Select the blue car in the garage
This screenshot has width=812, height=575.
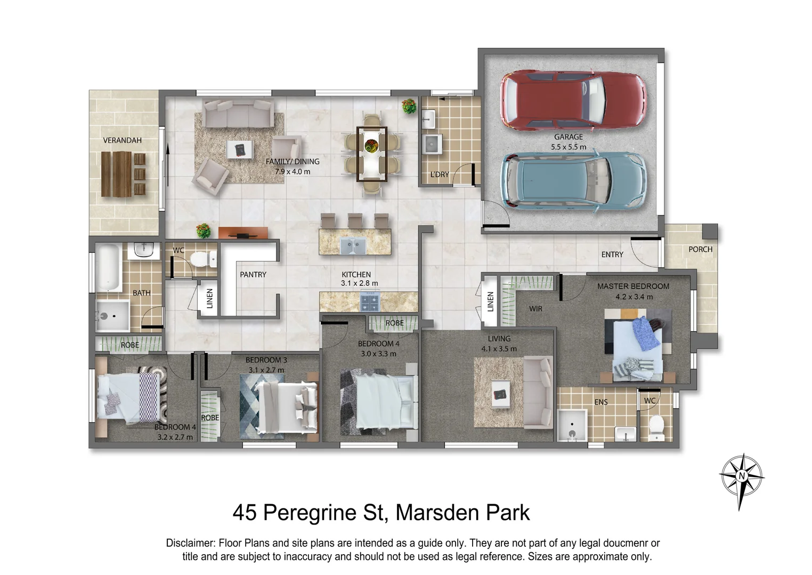click(x=573, y=181)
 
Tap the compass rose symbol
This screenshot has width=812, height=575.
click(x=741, y=477)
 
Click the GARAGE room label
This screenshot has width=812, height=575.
click(x=568, y=137)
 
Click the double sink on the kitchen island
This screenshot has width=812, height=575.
click(x=353, y=245)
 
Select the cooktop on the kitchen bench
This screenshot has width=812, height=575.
click(x=370, y=302)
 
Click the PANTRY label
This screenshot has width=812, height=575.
click(x=253, y=275)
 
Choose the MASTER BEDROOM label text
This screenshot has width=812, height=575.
click(x=633, y=286)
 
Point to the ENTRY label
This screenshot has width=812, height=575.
click(x=612, y=254)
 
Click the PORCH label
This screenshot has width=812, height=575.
click(x=700, y=249)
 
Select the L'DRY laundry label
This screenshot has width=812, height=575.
click(x=440, y=174)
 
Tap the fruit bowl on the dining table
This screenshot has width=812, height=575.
click(x=371, y=145)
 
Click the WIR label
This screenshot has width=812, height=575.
click(x=535, y=309)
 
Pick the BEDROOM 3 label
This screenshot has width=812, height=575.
click(x=266, y=360)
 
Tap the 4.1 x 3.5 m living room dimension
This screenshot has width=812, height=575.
click(x=499, y=349)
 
